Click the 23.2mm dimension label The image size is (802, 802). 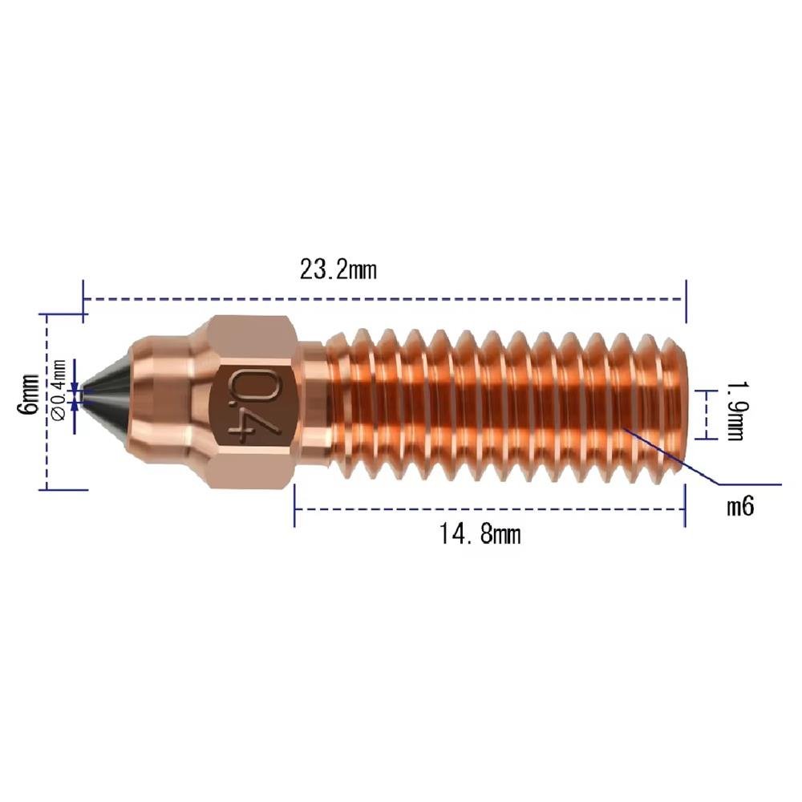click(x=338, y=269)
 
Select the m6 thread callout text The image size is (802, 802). click(x=740, y=507)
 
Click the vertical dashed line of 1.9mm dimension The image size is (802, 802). click(x=705, y=415)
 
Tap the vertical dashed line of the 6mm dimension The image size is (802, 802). click(x=47, y=433)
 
